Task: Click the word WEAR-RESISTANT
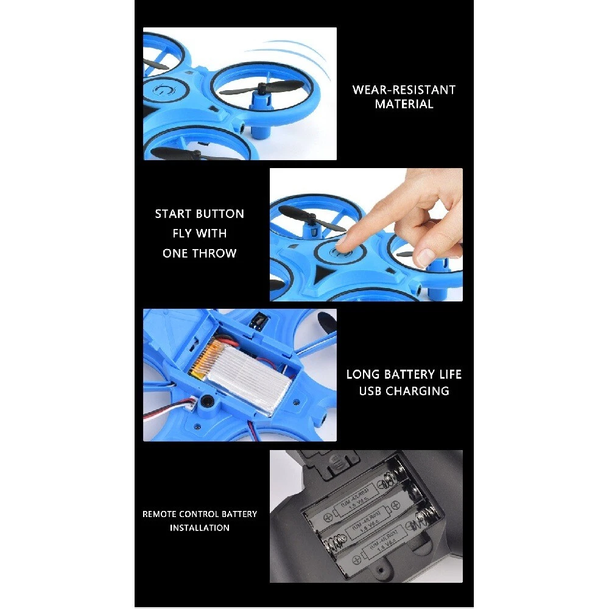(x=404, y=90)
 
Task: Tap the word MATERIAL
(x=404, y=104)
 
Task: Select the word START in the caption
(x=173, y=214)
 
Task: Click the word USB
(x=370, y=391)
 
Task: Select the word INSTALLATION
(x=200, y=528)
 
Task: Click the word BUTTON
(x=220, y=214)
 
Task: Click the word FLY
(x=181, y=233)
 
